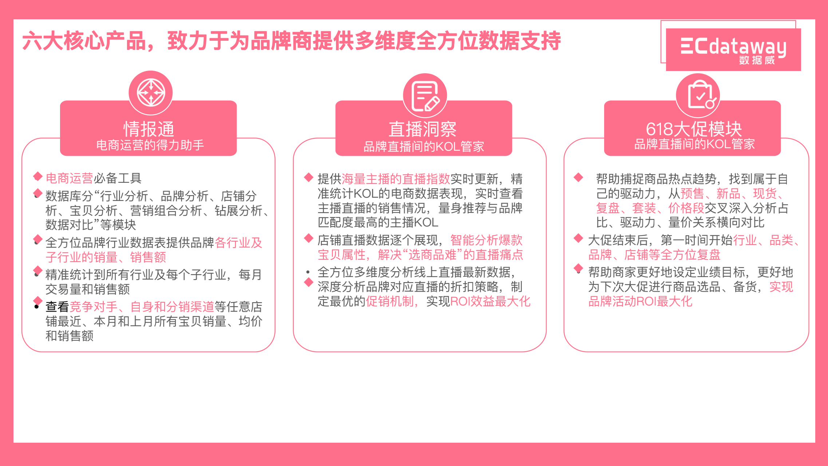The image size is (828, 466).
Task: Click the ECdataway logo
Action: pyautogui.click(x=733, y=49)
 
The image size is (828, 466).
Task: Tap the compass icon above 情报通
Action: pyautogui.click(x=151, y=92)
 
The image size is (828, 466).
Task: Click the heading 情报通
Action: pyautogui.click(x=149, y=129)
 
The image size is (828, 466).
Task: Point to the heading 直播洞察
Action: pyautogui.click(x=423, y=129)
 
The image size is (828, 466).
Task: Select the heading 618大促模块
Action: pyautogui.click(x=694, y=129)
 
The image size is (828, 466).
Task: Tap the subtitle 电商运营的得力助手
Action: pyautogui.click(x=150, y=145)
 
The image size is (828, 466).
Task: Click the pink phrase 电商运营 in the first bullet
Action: pyautogui.click(x=69, y=178)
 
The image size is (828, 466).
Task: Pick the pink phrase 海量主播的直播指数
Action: pyautogui.click(x=396, y=179)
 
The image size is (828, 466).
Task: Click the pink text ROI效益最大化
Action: pyautogui.click(x=490, y=301)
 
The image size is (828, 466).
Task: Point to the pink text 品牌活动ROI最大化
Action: pyautogui.click(x=640, y=301)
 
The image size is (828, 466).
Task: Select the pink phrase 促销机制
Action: pyautogui.click(x=390, y=301)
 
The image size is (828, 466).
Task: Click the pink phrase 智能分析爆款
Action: pyautogui.click(x=486, y=240)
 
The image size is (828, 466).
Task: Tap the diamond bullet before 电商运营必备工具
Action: pyautogui.click(x=38, y=177)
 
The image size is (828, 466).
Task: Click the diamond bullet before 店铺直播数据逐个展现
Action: pyautogui.click(x=309, y=238)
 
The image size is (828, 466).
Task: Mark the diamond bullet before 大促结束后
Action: pyautogui.click(x=578, y=238)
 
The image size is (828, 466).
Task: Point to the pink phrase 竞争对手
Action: pyautogui.click(x=93, y=307)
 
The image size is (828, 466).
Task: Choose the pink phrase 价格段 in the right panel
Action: pyautogui.click(x=686, y=208)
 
